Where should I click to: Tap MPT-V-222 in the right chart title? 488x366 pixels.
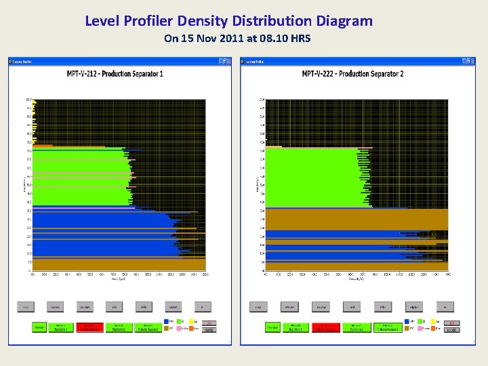point(323,73)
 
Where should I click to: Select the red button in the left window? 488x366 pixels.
point(89,327)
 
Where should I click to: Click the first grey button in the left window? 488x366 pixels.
point(26,307)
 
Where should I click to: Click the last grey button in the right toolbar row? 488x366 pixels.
point(445,307)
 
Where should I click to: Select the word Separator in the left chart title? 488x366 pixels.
point(142,73)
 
